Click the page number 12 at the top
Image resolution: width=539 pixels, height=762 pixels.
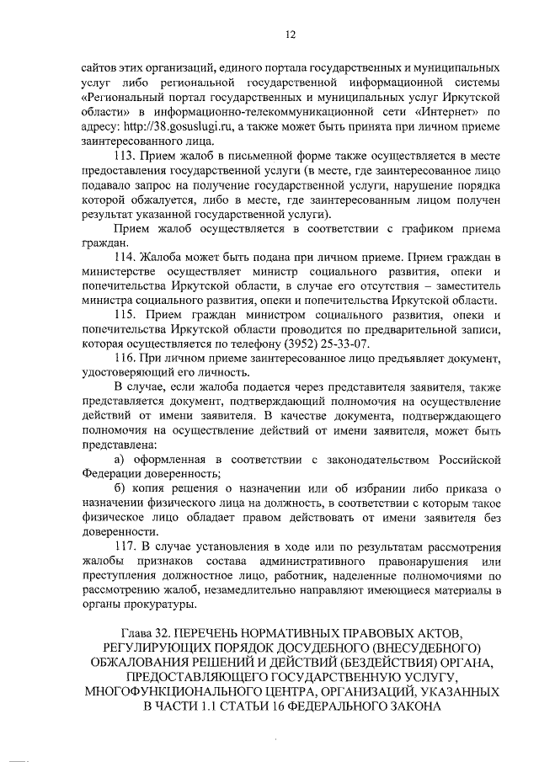(x=269, y=34)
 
